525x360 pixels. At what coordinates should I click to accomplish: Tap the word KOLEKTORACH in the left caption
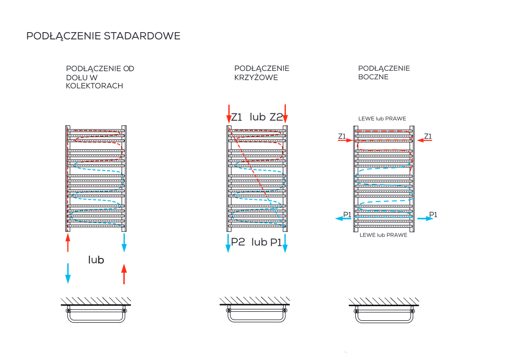click(95, 86)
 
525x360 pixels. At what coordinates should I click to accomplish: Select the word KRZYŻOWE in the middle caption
click(256, 77)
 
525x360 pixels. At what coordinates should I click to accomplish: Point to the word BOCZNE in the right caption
click(373, 77)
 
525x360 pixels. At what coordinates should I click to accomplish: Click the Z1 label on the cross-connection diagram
click(237, 117)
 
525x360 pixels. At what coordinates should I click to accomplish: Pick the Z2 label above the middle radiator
click(276, 117)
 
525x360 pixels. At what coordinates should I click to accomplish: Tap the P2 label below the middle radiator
click(238, 242)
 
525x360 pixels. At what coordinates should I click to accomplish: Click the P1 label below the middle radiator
click(276, 242)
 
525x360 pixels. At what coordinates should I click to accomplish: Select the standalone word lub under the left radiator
click(96, 259)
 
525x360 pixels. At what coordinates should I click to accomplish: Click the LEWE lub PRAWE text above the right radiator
click(382, 119)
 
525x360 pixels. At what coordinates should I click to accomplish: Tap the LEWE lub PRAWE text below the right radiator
click(383, 235)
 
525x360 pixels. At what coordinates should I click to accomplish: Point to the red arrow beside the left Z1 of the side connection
click(345, 140)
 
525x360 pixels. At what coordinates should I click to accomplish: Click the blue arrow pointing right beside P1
click(425, 218)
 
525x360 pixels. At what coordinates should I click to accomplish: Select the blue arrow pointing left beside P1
click(343, 218)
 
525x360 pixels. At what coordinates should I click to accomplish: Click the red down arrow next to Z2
click(285, 114)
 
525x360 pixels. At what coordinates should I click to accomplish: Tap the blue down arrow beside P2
click(228, 243)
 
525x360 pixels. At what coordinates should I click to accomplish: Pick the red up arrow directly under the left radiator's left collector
click(68, 243)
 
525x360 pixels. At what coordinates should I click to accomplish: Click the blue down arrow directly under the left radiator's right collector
click(124, 243)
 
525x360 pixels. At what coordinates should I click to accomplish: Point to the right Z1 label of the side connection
click(428, 136)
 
